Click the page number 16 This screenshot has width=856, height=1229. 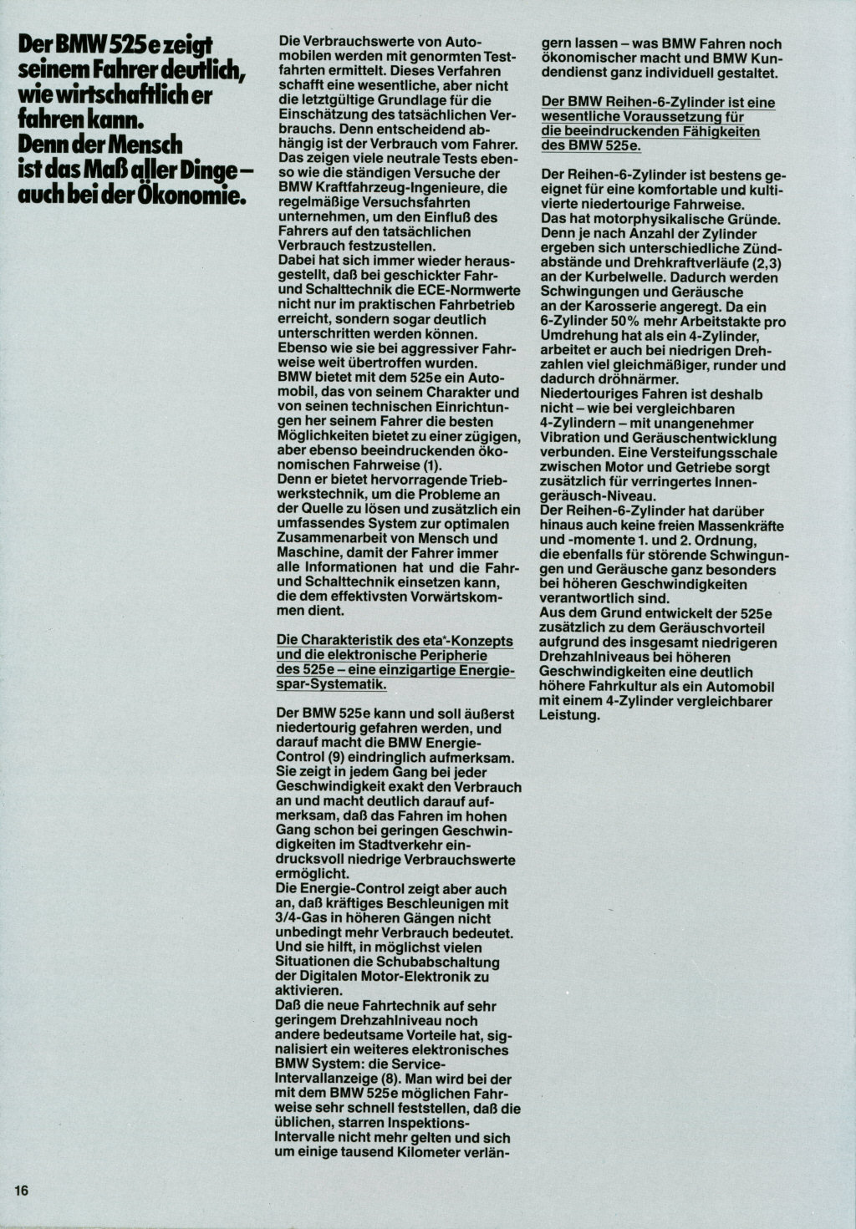tap(21, 1190)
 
